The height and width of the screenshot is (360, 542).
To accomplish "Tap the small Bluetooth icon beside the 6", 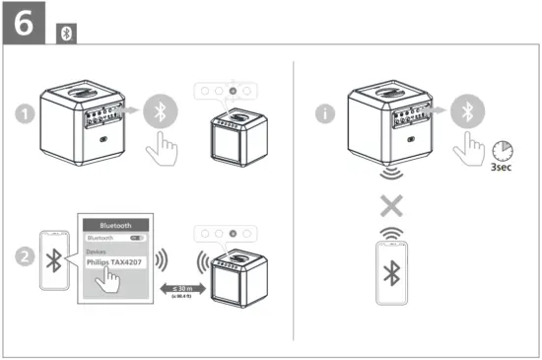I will tap(67, 33).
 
